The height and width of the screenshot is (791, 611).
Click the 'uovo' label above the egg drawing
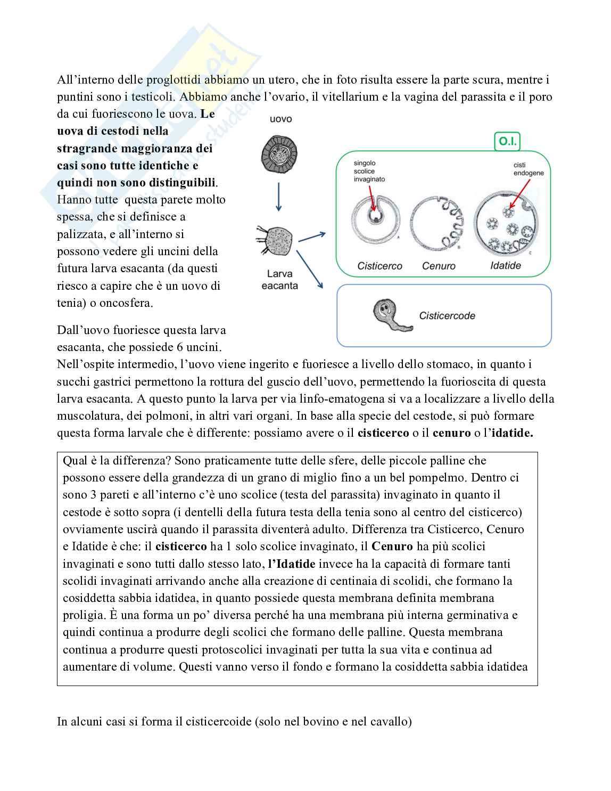(280, 119)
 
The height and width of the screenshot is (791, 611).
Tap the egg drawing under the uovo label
(279, 156)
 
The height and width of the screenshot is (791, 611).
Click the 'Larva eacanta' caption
(280, 280)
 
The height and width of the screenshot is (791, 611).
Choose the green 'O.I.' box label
(507, 142)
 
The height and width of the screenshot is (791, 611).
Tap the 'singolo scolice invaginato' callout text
(369, 171)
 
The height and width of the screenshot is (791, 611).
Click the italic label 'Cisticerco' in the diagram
(379, 265)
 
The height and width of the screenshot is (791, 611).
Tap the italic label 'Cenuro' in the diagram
(439, 265)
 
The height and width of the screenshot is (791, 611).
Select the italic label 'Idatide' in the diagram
(505, 265)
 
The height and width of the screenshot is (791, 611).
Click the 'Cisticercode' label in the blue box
(447, 315)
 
